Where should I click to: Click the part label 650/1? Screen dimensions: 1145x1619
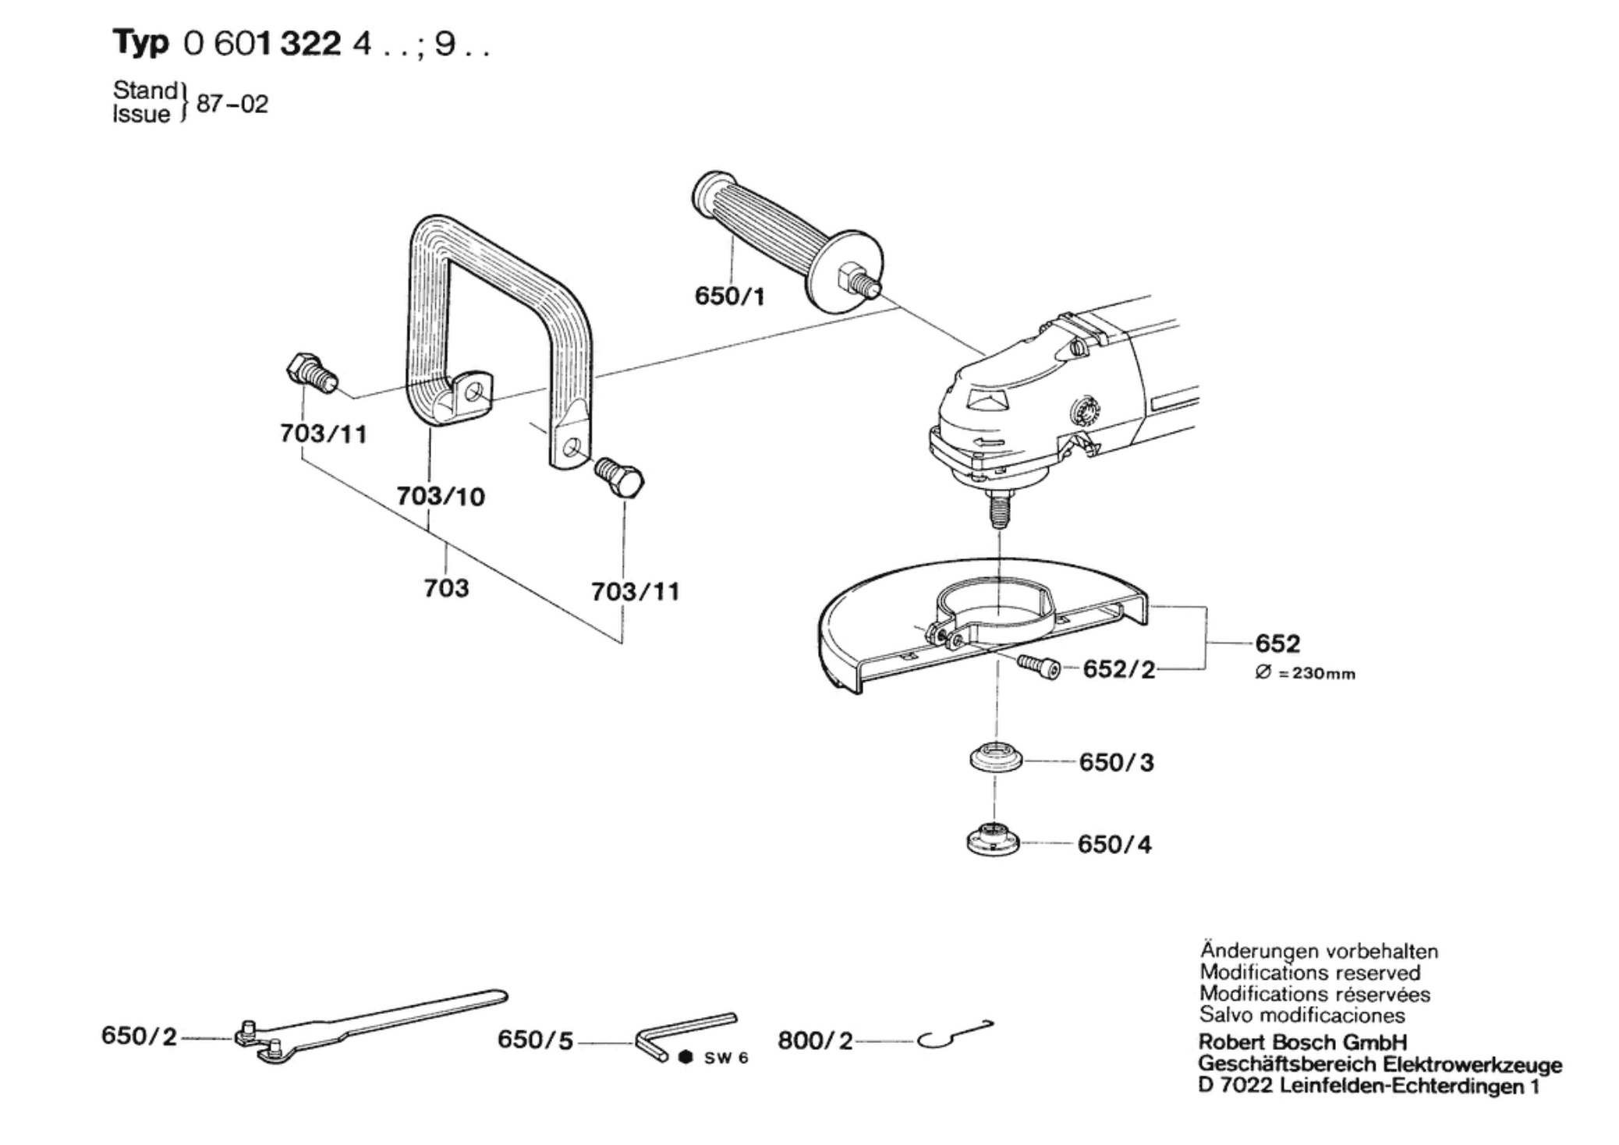pyautogui.click(x=729, y=296)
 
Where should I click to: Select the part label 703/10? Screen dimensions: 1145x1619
pyautogui.click(x=441, y=496)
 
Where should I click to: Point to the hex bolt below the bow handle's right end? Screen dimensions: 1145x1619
pyautogui.click(x=621, y=477)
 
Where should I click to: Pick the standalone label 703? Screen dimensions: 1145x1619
pyautogui.click(x=446, y=587)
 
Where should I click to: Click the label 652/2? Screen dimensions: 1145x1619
pyautogui.click(x=1118, y=669)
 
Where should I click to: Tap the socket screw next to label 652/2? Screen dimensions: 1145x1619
pyautogui.click(x=1039, y=667)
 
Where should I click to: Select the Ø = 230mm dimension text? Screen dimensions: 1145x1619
pyautogui.click(x=1305, y=673)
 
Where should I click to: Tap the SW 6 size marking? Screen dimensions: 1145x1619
pyautogui.click(x=725, y=1058)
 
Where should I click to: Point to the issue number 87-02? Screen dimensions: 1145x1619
pyautogui.click(x=232, y=104)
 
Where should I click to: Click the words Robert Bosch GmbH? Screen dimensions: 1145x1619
pyautogui.click(x=1302, y=1042)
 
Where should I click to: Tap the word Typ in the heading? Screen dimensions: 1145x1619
pyautogui.click(x=140, y=43)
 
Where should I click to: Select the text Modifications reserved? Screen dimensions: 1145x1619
pyautogui.click(x=1309, y=973)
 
